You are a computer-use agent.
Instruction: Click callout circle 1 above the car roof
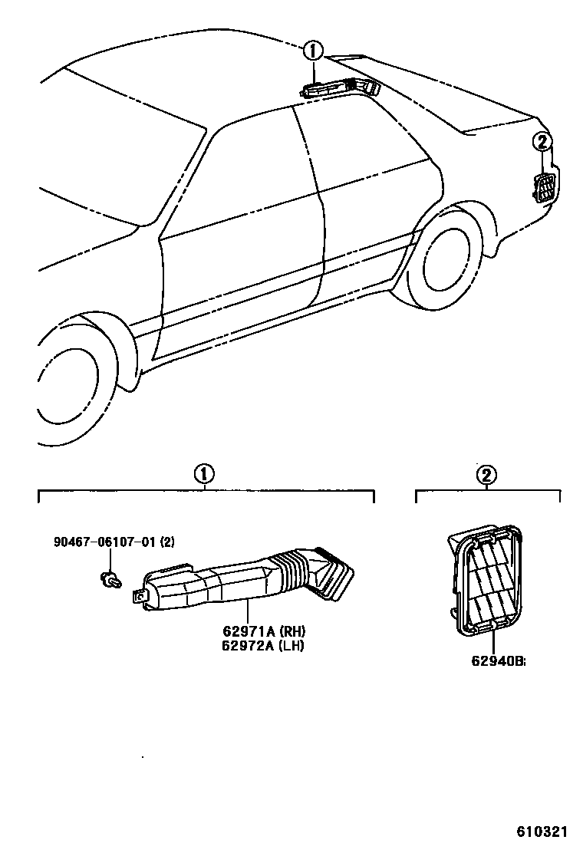point(313,52)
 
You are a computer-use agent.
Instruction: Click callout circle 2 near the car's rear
point(542,142)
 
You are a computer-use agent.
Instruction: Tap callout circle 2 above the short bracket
point(486,475)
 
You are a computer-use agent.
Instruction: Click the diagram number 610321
point(542,832)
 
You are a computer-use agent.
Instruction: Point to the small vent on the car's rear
point(545,187)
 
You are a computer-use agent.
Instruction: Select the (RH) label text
point(292,631)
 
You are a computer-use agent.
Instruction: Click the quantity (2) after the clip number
point(167,542)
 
